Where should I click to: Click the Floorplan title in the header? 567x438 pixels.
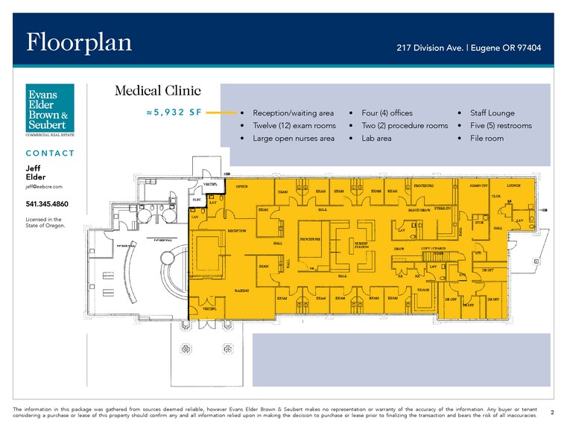pos(79,42)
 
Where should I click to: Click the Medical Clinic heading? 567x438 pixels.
pos(157,91)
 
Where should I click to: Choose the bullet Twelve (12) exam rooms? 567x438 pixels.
pos(294,126)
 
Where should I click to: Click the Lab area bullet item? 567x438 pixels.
pos(376,139)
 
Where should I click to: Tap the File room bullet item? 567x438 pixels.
pos(487,139)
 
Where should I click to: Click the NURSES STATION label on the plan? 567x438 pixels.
pos(361,245)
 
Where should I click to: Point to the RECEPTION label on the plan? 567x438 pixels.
pos(236,231)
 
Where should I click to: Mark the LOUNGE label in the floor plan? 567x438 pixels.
pos(513,185)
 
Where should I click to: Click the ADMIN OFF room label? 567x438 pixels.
pos(479,185)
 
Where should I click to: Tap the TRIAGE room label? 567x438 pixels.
pos(422,290)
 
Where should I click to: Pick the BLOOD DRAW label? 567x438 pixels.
pos(419,211)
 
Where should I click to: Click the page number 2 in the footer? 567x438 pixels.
pos(551,411)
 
